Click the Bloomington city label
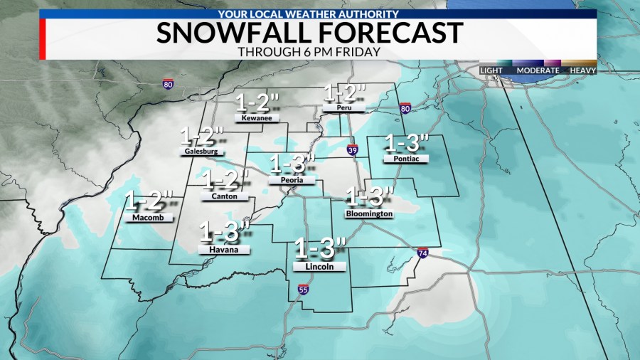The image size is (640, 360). click(x=368, y=213)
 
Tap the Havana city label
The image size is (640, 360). click(x=224, y=250)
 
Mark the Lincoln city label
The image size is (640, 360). click(x=319, y=266)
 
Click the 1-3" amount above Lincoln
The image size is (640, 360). click(x=320, y=248)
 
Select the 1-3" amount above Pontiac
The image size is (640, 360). click(x=407, y=142)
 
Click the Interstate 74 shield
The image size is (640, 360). click(x=423, y=253)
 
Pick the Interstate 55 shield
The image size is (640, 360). click(x=302, y=290)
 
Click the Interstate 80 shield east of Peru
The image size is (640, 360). click(x=405, y=109)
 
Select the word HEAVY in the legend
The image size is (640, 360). click(x=582, y=70)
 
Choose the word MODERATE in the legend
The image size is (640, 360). click(x=537, y=70)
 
